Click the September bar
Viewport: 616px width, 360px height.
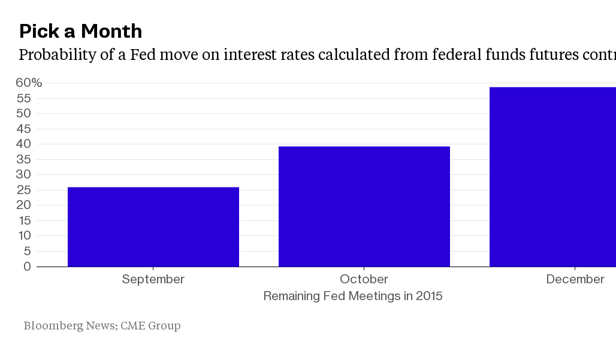pos(153,227)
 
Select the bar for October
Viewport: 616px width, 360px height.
pos(364,207)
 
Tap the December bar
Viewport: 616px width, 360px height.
pos(552,177)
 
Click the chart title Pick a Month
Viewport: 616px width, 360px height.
pos(80,31)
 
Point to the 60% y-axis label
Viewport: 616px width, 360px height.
pos(29,83)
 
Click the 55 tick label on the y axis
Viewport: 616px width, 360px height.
pos(23,98)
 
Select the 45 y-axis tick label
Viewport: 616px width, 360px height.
pos(23,129)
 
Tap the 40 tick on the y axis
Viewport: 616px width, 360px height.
pos(23,144)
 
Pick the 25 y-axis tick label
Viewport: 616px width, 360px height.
pos(23,190)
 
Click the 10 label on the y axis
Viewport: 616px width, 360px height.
pos(24,235)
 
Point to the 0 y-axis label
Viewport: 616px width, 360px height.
pos(27,267)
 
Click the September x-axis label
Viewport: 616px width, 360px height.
pos(153,280)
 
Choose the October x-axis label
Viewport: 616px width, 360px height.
pos(364,279)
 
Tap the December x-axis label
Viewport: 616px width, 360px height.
pos(575,279)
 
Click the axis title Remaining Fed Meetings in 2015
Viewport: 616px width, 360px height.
pos(353,296)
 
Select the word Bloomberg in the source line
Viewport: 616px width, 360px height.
pos(53,326)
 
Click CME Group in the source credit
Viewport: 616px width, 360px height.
pos(150,325)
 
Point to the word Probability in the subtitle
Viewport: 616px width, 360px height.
pos(58,55)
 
